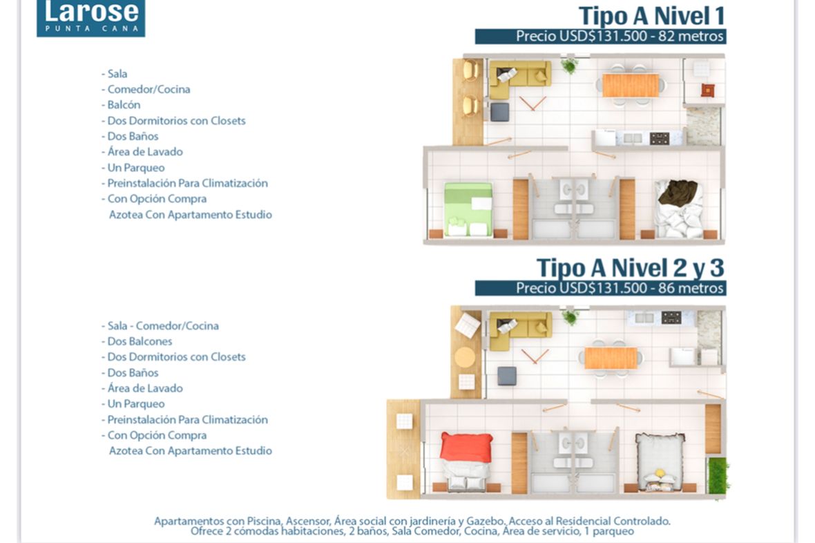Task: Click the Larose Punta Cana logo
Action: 91,18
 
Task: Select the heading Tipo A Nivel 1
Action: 652,16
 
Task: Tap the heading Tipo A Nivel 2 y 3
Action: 631,268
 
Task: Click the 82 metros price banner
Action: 600,37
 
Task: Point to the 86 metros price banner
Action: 600,288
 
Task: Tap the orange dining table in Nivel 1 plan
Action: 631,85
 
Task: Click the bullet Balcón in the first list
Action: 121,105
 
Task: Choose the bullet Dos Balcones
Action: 137,342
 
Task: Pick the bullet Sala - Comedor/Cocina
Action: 160,326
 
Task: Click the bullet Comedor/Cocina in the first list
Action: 146,89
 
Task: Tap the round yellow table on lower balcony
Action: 465,357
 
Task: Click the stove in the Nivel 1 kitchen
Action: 659,138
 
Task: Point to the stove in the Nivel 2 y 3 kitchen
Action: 671,317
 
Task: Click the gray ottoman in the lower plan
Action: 507,376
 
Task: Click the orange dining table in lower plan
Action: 611,359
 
